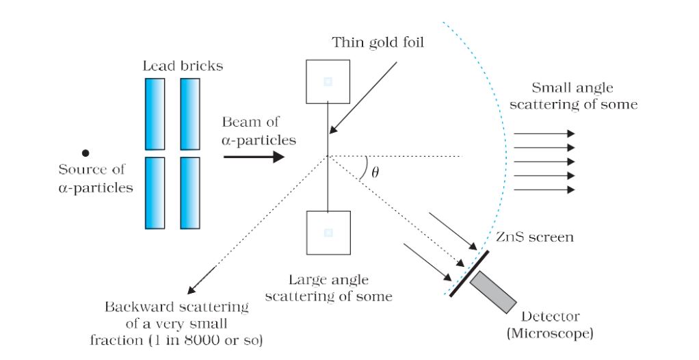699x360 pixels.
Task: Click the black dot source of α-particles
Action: pyautogui.click(x=85, y=153)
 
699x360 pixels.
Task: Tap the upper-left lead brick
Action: pyautogui.click(x=155, y=114)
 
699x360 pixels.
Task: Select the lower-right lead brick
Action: pyautogui.click(x=189, y=192)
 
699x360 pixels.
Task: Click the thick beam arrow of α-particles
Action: pyautogui.click(x=253, y=157)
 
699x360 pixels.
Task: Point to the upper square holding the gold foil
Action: pyautogui.click(x=328, y=81)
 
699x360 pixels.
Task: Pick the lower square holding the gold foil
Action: pyautogui.click(x=328, y=233)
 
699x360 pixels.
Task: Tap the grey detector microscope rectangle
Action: pyautogui.click(x=494, y=292)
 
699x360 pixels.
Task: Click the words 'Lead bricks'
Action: pyautogui.click(x=183, y=66)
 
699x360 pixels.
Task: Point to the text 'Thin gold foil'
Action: pyautogui.click(x=378, y=42)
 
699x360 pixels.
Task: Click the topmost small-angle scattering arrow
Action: pyautogui.click(x=544, y=133)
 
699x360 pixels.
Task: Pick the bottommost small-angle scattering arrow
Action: pyautogui.click(x=544, y=189)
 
